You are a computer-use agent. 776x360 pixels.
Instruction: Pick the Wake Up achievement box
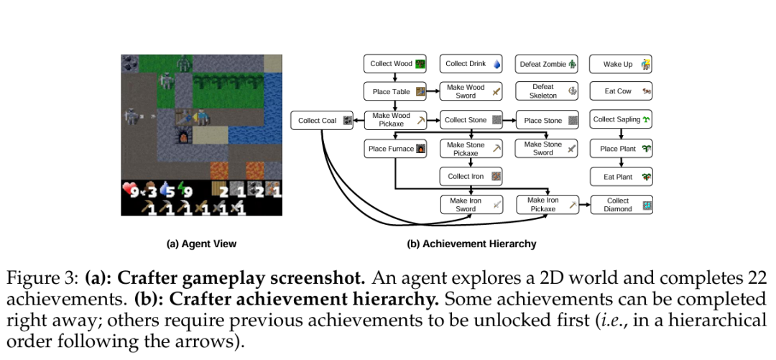coord(621,64)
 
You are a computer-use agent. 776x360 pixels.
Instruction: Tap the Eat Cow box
coord(621,92)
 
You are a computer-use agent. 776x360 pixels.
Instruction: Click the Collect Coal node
coord(322,121)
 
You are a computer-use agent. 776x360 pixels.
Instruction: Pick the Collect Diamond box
coord(621,205)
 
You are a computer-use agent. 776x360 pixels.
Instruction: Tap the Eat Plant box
coord(621,176)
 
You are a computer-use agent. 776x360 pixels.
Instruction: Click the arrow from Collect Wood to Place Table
coord(394,78)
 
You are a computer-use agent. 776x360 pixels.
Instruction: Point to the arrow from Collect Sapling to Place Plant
coord(620,134)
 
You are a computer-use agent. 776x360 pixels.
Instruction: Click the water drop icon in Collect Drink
coord(496,64)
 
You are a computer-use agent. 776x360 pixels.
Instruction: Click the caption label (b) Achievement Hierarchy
coord(471,244)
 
